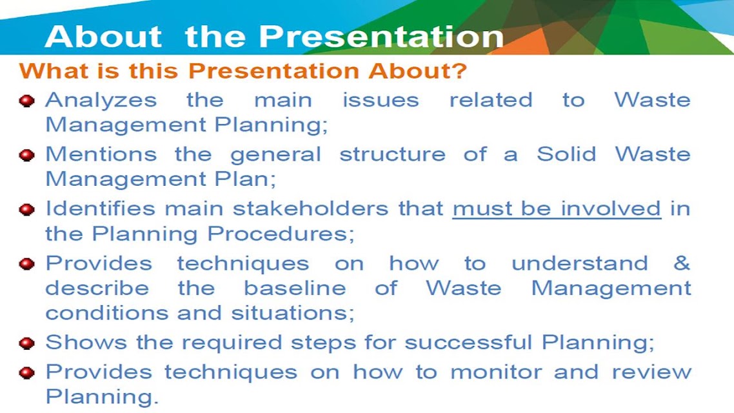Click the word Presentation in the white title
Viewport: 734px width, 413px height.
point(381,36)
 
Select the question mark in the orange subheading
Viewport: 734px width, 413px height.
point(460,71)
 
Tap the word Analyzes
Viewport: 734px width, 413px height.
point(101,100)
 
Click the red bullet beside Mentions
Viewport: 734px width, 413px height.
point(27,154)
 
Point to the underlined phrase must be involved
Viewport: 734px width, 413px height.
point(557,209)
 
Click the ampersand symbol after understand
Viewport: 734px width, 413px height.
point(682,263)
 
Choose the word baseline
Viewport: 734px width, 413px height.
point(295,288)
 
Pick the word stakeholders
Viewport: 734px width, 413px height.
point(310,208)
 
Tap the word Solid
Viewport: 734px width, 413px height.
point(566,154)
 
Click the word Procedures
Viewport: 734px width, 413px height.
point(281,233)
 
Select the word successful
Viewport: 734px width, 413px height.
point(468,342)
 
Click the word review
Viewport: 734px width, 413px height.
point(651,372)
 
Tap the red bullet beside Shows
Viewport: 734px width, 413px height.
point(27,343)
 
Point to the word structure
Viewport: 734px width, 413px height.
point(392,154)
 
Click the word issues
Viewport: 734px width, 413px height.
point(381,100)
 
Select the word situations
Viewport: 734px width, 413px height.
point(293,313)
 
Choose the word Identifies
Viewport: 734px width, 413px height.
point(100,208)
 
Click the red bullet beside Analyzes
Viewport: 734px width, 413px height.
point(27,101)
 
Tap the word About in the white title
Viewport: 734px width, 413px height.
point(103,36)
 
